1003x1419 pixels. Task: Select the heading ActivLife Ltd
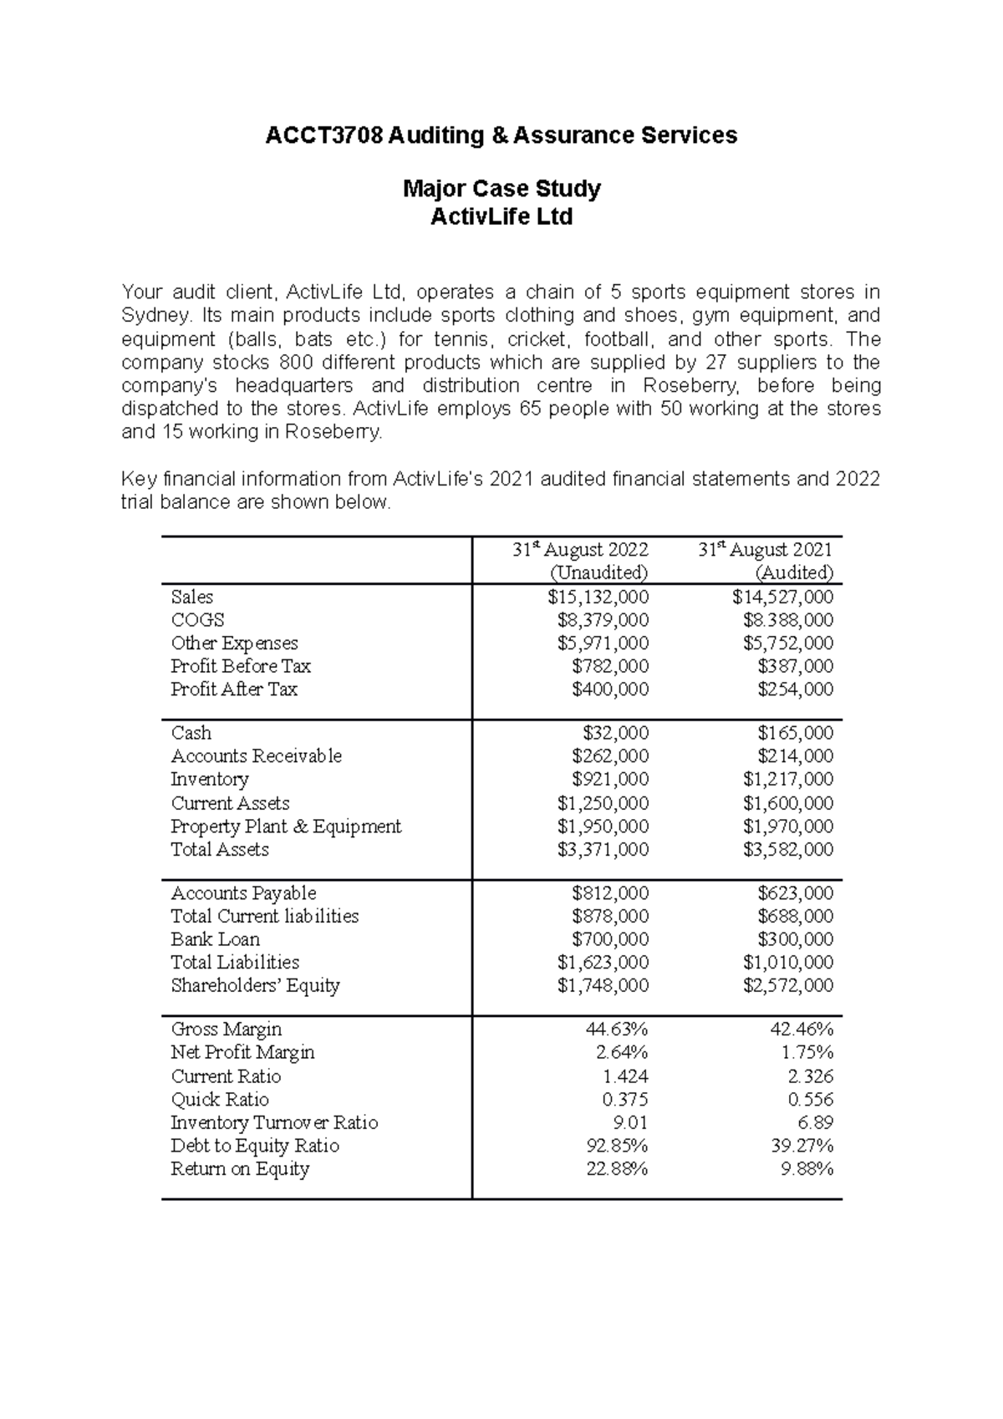(x=501, y=217)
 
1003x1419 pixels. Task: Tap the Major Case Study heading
(x=501, y=189)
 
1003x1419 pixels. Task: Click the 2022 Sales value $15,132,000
(x=598, y=597)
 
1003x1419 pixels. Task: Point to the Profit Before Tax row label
(x=241, y=666)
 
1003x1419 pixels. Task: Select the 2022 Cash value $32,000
(x=615, y=733)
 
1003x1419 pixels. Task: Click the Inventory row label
(x=210, y=779)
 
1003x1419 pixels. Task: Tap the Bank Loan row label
(x=215, y=939)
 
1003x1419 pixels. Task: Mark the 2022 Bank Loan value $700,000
(x=610, y=939)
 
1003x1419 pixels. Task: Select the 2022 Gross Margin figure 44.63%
(x=617, y=1030)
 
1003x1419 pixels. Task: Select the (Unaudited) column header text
(x=598, y=572)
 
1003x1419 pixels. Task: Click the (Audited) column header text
(x=793, y=572)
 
